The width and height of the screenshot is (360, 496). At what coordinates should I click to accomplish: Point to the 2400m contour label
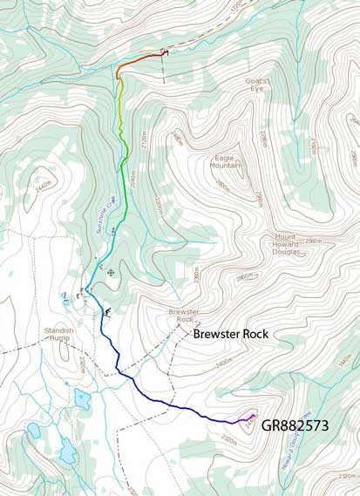click(x=224, y=359)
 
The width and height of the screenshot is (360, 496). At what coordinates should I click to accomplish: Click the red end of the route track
click(x=165, y=52)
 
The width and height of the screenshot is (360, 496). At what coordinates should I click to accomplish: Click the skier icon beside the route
click(x=107, y=311)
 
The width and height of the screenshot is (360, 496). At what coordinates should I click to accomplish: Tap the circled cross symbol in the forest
click(x=110, y=273)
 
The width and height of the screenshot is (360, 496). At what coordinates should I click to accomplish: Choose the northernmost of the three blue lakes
click(x=81, y=399)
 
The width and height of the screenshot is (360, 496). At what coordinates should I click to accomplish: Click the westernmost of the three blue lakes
click(x=34, y=431)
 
